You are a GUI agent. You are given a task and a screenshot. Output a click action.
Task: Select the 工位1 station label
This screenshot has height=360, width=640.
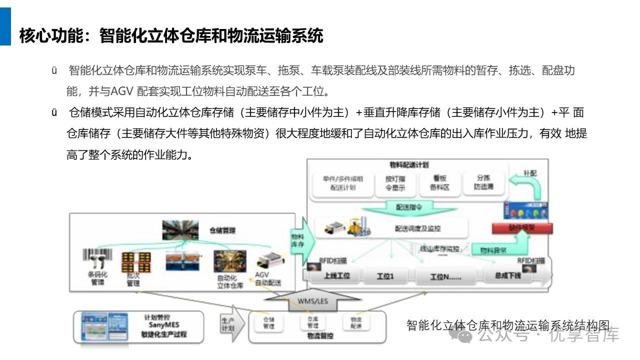(385, 276)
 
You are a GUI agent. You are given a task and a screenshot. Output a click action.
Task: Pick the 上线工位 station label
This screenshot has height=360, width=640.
(336, 275)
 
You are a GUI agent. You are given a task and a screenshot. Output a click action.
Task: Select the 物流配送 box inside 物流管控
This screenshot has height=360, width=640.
(356, 322)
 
